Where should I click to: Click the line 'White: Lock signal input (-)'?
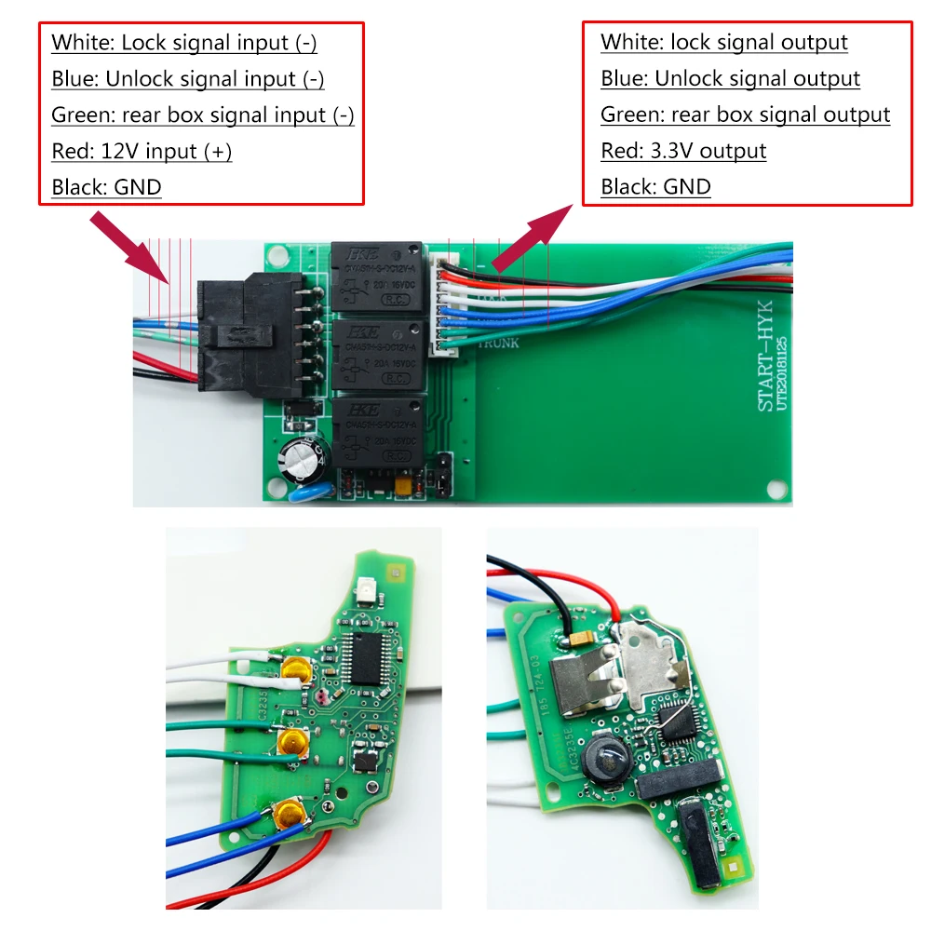point(184,43)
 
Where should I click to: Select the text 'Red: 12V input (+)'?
point(142,152)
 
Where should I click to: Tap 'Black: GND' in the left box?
point(106,188)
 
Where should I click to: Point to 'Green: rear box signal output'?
point(745,115)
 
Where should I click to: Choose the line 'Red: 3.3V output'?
point(683,152)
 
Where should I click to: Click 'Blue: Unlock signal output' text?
point(730,79)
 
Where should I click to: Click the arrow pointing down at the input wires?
point(130,248)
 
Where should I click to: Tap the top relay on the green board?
point(378,277)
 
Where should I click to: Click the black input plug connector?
point(250,335)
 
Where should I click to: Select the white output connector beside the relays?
point(440,303)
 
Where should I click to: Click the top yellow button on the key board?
point(297,667)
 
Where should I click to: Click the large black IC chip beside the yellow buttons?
point(361,659)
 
